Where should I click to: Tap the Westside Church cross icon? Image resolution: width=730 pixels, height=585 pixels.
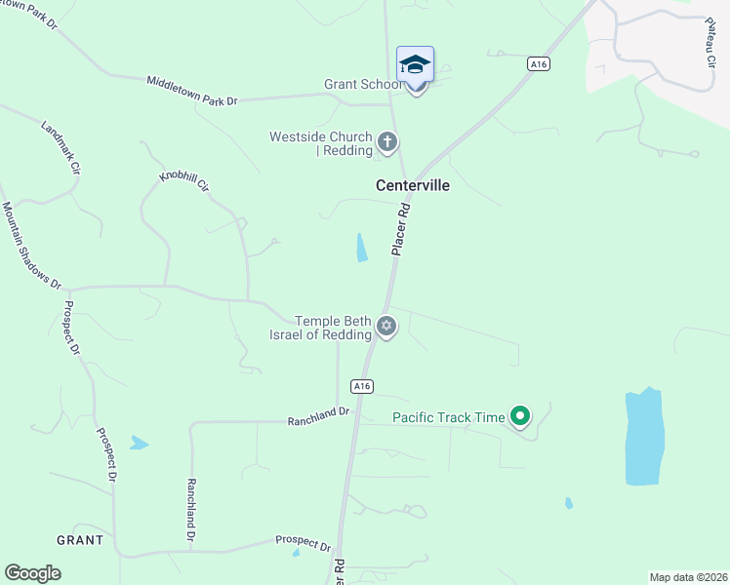click(x=387, y=143)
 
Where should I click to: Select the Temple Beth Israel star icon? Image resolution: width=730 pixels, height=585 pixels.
click(x=386, y=327)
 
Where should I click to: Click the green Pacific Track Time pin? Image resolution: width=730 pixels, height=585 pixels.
click(x=520, y=417)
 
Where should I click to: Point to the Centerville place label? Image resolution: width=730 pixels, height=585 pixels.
click(x=413, y=184)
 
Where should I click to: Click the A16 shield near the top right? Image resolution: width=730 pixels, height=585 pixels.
click(x=537, y=63)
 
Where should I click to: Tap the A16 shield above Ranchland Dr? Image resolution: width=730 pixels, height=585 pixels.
click(x=362, y=386)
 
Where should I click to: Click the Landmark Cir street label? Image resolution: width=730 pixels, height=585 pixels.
click(x=60, y=147)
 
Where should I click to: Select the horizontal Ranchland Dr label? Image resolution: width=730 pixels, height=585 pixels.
click(x=318, y=417)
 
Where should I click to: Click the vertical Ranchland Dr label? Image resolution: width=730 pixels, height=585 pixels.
click(x=191, y=510)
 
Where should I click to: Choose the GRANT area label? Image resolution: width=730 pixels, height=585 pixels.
click(x=80, y=539)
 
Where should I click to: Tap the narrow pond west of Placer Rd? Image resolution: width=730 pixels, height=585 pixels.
click(x=362, y=248)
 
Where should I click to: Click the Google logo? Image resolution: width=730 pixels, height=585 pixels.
click(x=33, y=573)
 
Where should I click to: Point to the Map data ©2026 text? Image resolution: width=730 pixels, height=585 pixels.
click(x=688, y=577)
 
